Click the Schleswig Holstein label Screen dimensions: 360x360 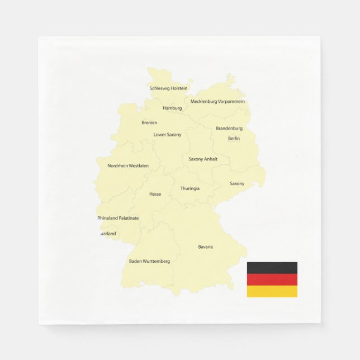[x=168, y=88]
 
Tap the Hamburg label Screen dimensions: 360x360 [x=172, y=108]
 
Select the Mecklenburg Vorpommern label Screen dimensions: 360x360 [x=217, y=102]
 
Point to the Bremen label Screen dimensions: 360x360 [x=149, y=122]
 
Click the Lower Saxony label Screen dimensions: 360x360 [x=167, y=135]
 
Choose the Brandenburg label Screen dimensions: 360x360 [x=229, y=129]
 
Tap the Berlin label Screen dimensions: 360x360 [x=234, y=139]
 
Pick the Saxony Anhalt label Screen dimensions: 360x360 [x=203, y=159]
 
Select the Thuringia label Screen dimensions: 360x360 [x=190, y=188]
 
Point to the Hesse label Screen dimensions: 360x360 [x=155, y=195]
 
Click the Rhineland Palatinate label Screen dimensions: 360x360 [x=118, y=218]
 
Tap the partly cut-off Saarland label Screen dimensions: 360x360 [x=108, y=234]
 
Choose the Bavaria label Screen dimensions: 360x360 [x=205, y=247]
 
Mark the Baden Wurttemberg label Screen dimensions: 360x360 [x=149, y=261]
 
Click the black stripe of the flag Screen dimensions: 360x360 [x=272, y=268]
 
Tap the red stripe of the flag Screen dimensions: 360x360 [x=272, y=280]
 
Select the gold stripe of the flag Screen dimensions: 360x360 [x=272, y=291]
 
